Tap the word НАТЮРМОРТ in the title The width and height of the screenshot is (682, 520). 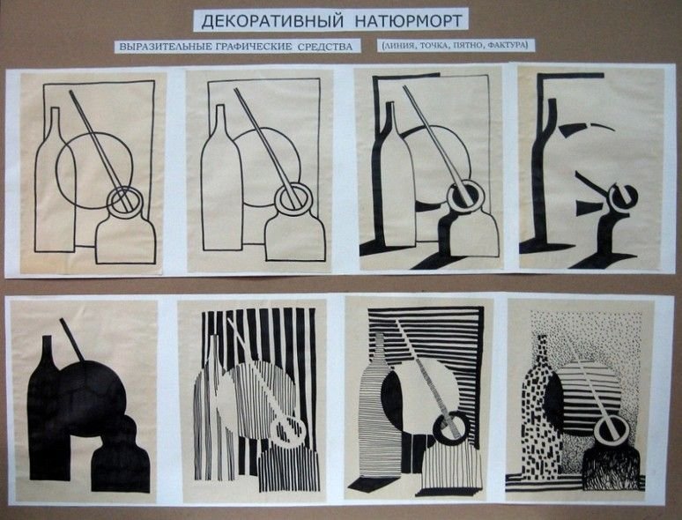(x=409, y=20)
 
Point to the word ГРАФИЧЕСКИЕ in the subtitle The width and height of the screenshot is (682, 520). (x=254, y=46)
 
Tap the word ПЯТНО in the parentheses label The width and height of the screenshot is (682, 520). (x=469, y=44)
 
